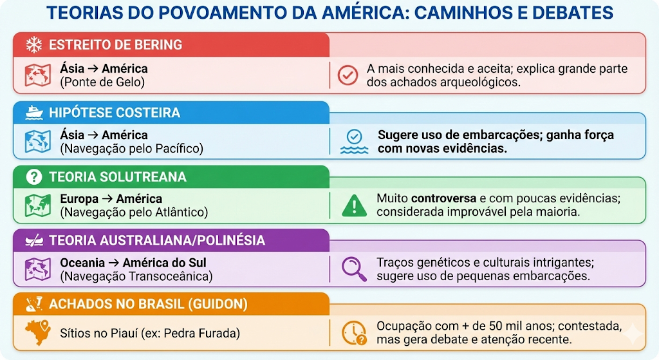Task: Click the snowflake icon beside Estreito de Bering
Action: point(34,44)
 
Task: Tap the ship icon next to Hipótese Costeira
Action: point(34,112)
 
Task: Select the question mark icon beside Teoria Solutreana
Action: point(34,176)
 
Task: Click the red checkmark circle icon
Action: point(348,75)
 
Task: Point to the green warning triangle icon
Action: point(355,205)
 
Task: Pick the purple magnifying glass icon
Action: point(354,269)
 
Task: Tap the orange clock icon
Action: point(354,333)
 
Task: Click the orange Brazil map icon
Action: point(38,332)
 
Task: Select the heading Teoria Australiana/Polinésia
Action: point(157,240)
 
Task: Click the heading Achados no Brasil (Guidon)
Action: point(149,304)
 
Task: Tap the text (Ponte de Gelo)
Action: point(102,82)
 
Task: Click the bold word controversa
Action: point(444,198)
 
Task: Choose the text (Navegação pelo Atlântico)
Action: point(134,213)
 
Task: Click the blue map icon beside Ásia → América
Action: point(38,142)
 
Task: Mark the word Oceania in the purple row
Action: point(82,263)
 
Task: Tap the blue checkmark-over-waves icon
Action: point(355,142)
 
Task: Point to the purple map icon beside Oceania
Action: point(38,269)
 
